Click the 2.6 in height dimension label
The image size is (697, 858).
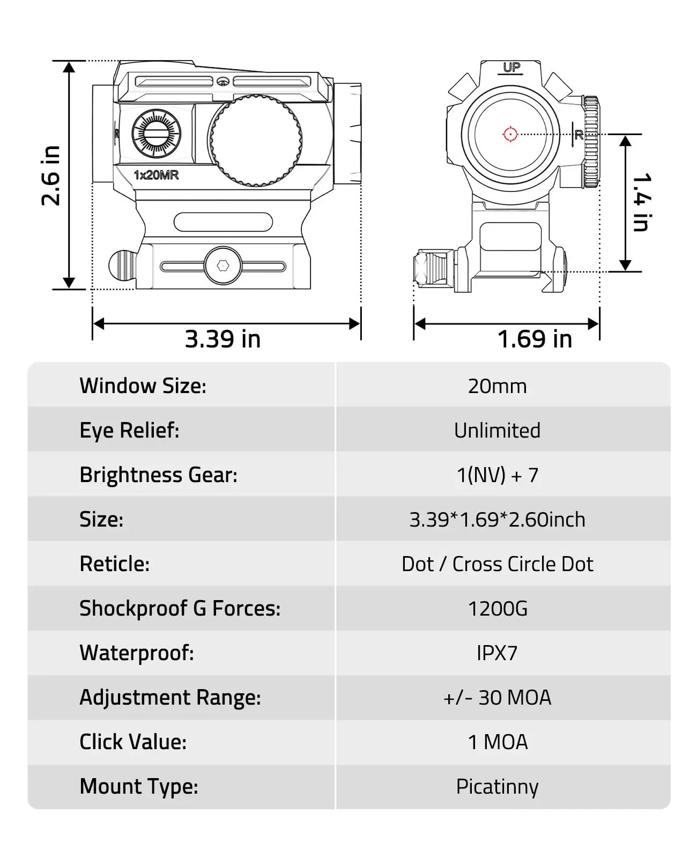pyautogui.click(x=51, y=175)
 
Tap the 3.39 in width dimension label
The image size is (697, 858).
pyautogui.click(x=223, y=339)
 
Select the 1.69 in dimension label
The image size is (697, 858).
pyautogui.click(x=535, y=339)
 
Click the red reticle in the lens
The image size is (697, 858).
pyautogui.click(x=510, y=134)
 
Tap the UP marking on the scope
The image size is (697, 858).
pyautogui.click(x=511, y=68)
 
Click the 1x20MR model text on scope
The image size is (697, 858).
pyautogui.click(x=156, y=175)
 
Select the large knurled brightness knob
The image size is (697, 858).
pyautogui.click(x=256, y=140)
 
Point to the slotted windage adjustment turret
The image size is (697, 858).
pyautogui.click(x=157, y=134)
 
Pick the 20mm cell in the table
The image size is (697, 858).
pyautogui.click(x=497, y=386)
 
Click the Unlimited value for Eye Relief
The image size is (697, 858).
pyautogui.click(x=497, y=431)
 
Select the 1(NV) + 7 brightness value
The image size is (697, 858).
pyautogui.click(x=497, y=475)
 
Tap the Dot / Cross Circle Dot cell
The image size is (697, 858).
pyautogui.click(x=497, y=564)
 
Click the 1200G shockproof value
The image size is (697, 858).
pyautogui.click(x=497, y=609)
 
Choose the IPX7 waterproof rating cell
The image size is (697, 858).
pyautogui.click(x=497, y=653)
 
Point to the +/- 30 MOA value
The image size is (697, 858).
pyautogui.click(x=497, y=698)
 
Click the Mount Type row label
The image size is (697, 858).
pyautogui.click(x=139, y=787)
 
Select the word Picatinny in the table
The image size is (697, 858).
pyautogui.click(x=497, y=787)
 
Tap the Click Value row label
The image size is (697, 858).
pyautogui.click(x=133, y=742)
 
